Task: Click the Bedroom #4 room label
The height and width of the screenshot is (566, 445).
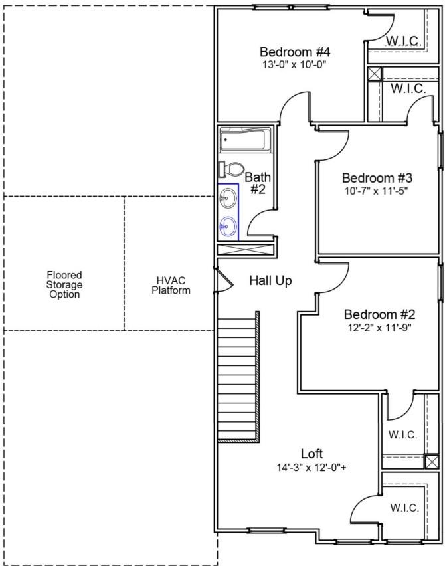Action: [x=295, y=52]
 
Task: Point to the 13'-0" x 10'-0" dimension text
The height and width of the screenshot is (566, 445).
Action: [x=295, y=65]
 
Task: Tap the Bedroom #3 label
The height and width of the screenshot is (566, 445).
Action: [x=377, y=178]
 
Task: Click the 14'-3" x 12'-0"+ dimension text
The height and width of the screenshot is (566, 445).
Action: [x=311, y=467]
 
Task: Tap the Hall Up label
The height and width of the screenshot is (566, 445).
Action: [x=270, y=281]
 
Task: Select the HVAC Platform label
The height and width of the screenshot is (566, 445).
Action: [x=171, y=285]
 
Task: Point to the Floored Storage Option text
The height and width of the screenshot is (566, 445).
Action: [x=64, y=284]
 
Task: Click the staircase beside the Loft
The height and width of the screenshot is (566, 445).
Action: [x=237, y=375]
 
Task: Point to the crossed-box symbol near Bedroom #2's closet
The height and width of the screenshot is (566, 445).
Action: [x=431, y=460]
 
